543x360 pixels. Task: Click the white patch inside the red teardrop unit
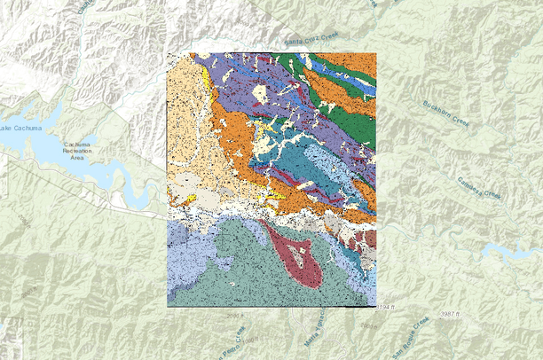(305, 259)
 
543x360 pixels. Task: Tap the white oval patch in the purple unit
(263, 92)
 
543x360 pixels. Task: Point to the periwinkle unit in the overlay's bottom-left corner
(182, 266)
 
